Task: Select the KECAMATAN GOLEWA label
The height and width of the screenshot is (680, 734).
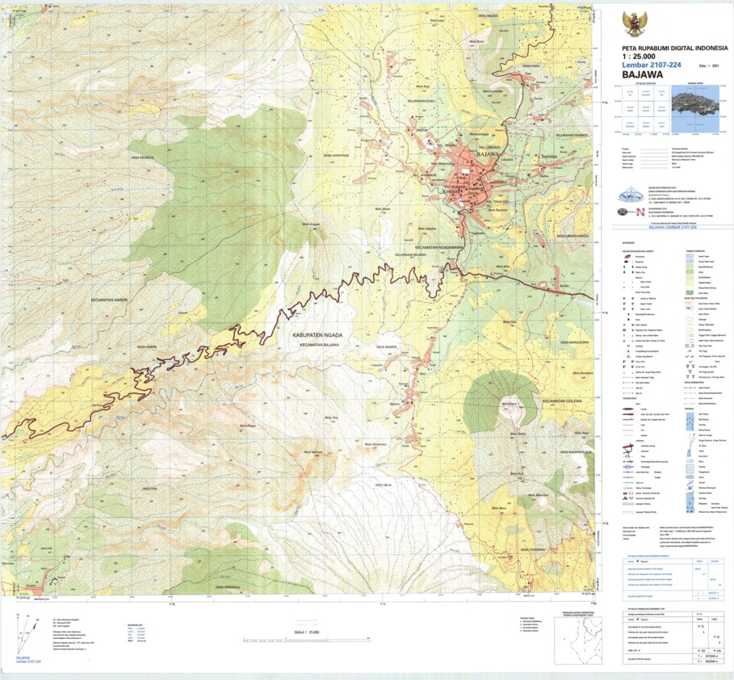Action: pyautogui.click(x=562, y=401)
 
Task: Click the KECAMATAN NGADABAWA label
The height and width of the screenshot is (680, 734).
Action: pyautogui.click(x=439, y=246)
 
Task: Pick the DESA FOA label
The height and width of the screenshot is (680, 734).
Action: pyautogui.click(x=147, y=488)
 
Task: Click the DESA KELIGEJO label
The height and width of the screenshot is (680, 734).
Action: pyautogui.click(x=142, y=157)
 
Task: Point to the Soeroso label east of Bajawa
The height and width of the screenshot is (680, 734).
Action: pyautogui.click(x=552, y=154)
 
